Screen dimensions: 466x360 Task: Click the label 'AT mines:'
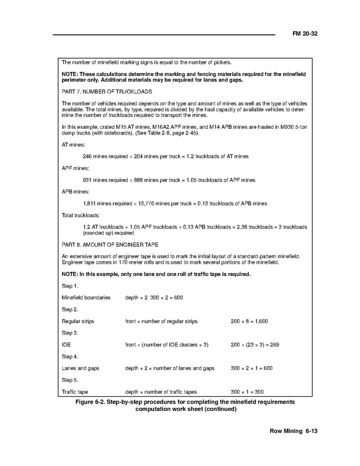tap(73, 145)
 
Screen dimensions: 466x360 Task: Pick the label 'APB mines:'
tap(75, 192)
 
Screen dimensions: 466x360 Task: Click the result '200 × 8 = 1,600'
tap(249, 322)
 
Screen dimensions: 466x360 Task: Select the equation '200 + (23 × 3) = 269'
tap(255, 345)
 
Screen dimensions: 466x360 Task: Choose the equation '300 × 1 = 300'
tap(247, 392)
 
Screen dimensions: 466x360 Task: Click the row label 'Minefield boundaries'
tap(86, 298)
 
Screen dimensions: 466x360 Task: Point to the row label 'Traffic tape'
tap(75, 392)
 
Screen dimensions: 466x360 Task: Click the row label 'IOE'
tap(66, 345)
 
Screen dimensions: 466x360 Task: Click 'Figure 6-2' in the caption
tap(93, 402)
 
